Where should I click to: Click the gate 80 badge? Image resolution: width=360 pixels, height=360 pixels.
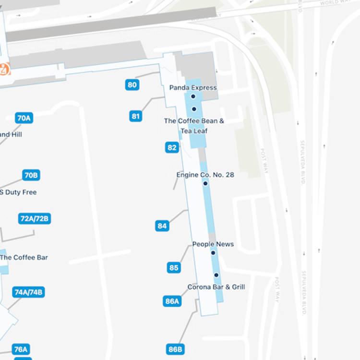point(132,85)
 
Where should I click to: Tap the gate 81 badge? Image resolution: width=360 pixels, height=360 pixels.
point(136,116)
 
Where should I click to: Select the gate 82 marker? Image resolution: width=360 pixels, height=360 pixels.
point(172,147)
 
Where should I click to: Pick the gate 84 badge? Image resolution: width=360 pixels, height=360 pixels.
point(162,226)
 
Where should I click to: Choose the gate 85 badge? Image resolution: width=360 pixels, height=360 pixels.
point(174,267)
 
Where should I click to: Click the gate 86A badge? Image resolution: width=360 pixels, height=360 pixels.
point(172,301)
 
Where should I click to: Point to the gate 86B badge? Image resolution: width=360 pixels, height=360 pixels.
point(176,349)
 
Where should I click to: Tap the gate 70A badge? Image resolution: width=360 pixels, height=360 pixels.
point(24,118)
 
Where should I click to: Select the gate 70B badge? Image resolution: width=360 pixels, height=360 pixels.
point(31,175)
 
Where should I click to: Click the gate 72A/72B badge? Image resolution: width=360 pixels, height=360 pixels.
point(35,218)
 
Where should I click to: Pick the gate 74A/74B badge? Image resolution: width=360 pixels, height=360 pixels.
point(29,292)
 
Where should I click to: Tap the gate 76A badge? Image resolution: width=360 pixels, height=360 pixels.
point(21,349)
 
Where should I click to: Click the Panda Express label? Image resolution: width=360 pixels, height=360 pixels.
point(193,88)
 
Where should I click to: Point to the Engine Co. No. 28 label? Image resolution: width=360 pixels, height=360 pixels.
point(205,175)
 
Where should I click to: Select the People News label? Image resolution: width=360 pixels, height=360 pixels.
point(213,244)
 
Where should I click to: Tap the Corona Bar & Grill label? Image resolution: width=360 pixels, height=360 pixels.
point(216,287)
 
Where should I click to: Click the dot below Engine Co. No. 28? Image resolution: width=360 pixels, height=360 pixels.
point(205,183)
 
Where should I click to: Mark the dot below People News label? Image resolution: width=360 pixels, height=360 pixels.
point(213,252)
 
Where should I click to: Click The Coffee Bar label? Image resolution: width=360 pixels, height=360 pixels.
point(24,257)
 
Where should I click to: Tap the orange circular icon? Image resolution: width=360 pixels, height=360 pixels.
point(4,69)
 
